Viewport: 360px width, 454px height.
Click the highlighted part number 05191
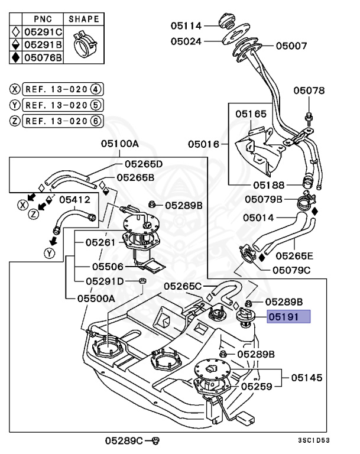pos(288,317)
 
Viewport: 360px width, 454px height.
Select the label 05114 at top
pos(186,26)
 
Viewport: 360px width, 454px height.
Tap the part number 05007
pos(291,45)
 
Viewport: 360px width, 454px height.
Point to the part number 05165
pos(251,113)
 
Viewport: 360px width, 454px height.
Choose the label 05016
pos(204,144)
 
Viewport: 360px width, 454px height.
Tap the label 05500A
pos(96,299)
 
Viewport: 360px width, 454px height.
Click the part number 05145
pos(306,377)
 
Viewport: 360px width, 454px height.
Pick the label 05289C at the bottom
pos(125,440)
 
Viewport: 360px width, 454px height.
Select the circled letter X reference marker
pos(15,89)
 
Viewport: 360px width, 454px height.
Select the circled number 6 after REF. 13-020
pos(96,121)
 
